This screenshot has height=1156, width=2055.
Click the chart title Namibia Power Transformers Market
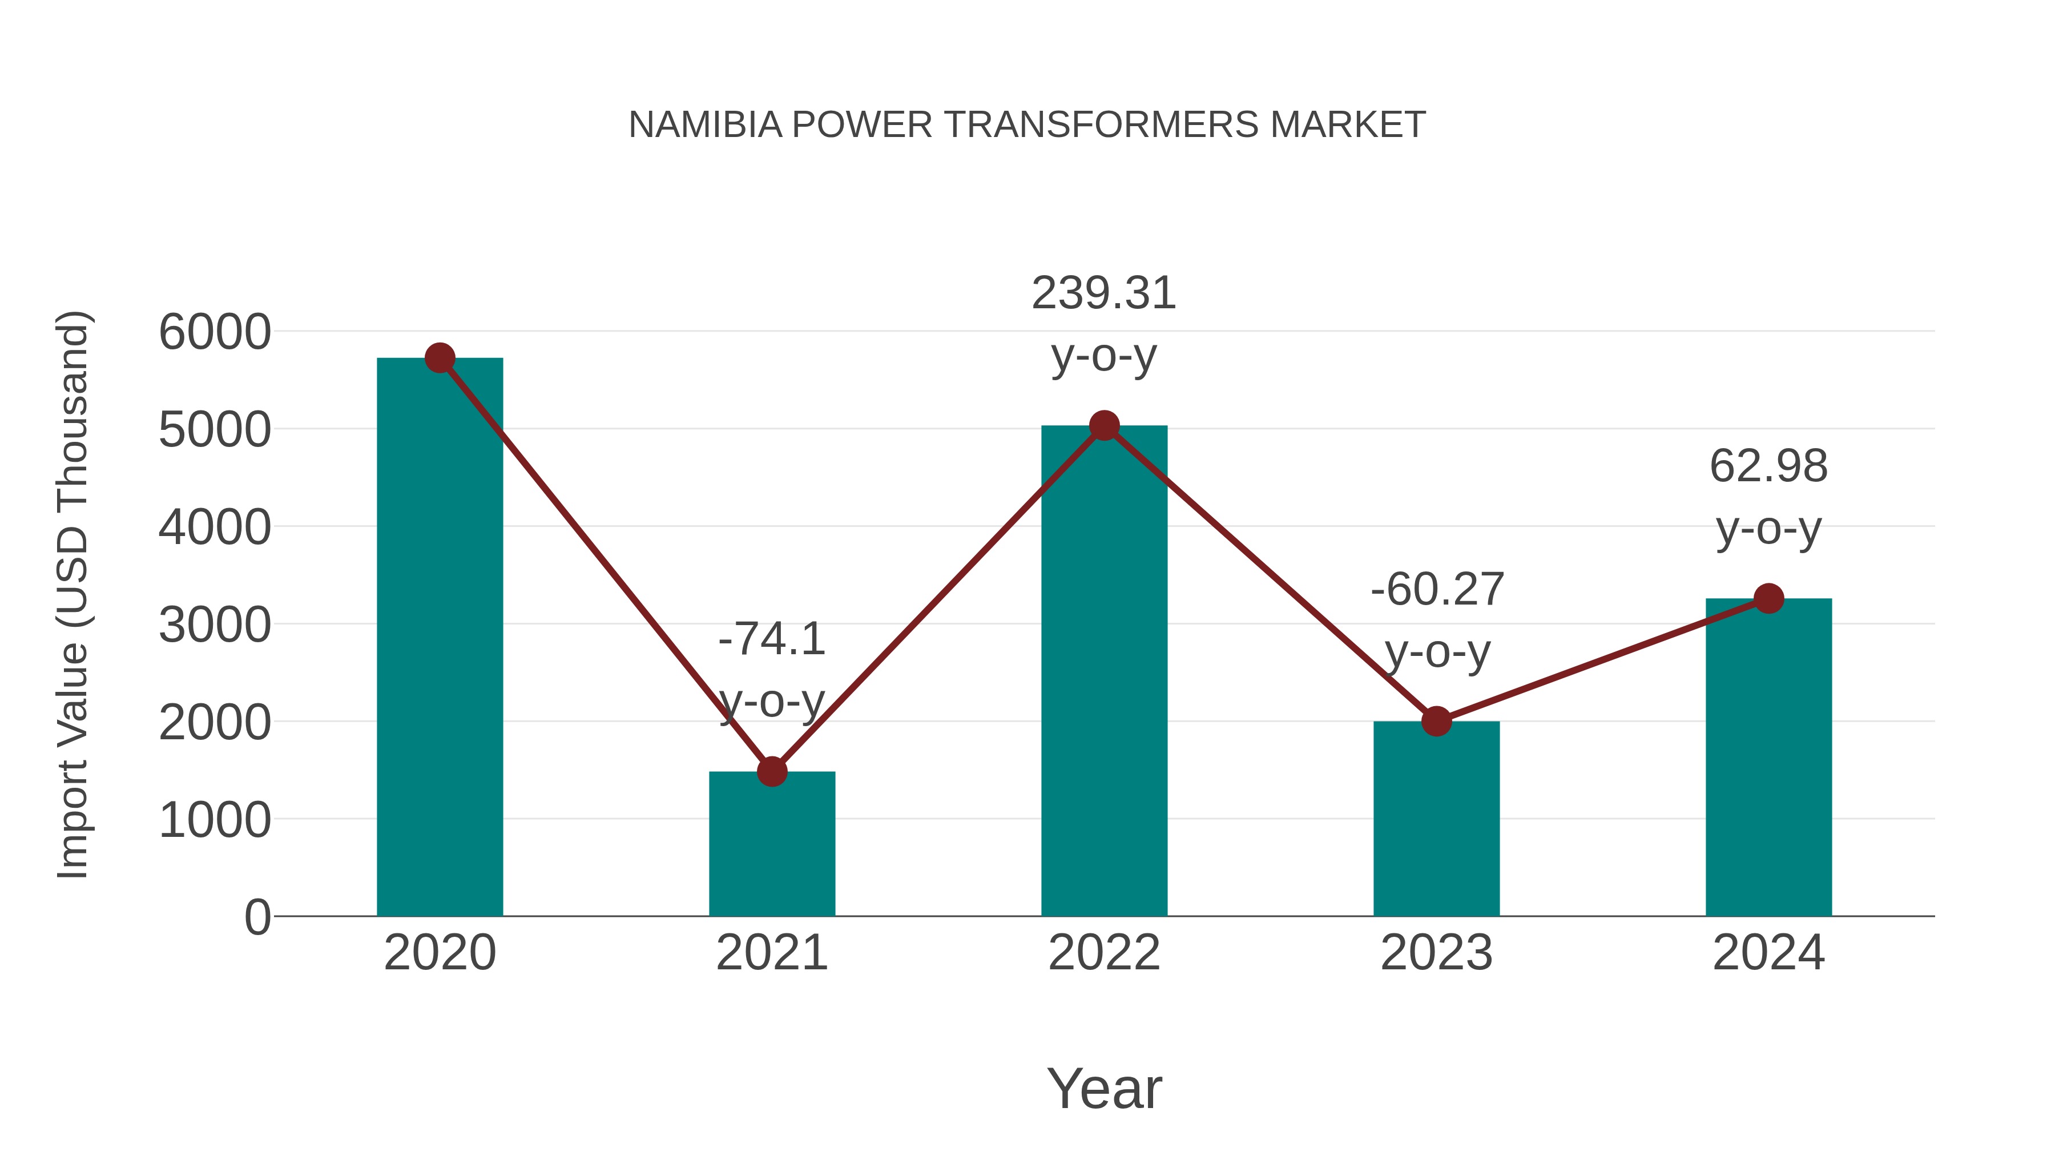1027,125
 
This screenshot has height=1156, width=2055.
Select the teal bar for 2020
440,638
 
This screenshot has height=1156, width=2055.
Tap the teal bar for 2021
771,845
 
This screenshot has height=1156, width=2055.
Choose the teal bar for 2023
1436,821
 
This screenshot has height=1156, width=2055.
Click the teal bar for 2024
1768,758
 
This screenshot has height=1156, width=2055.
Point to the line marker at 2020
440,358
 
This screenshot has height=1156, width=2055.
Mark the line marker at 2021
771,771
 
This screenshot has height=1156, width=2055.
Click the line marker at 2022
1104,426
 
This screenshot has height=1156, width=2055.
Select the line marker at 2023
1436,721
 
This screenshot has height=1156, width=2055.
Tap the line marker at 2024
1768,598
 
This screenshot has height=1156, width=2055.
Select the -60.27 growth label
1437,620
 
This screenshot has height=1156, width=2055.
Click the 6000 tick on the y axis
215,332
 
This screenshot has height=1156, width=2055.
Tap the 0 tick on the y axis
257,917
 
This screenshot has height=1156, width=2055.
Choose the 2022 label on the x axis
1104,953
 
